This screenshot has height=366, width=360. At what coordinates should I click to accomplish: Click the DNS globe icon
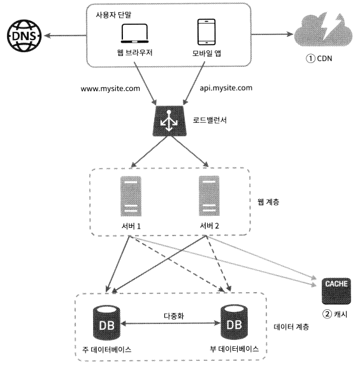point(24,36)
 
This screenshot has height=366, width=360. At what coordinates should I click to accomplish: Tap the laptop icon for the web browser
point(134,34)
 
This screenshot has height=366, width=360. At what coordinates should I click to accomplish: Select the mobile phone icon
point(206,32)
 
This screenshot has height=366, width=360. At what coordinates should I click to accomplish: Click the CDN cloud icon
point(323,29)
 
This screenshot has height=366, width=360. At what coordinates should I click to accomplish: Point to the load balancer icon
point(169,121)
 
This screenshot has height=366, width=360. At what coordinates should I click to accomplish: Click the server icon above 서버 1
point(131,196)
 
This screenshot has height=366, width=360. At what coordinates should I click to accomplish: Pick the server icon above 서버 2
point(209,196)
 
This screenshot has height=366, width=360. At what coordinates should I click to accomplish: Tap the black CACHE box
point(336,291)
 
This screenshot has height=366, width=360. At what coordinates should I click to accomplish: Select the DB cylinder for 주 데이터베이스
point(106,323)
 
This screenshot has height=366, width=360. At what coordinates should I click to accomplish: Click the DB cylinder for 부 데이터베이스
point(234,322)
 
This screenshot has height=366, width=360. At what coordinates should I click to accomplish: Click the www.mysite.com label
point(110,89)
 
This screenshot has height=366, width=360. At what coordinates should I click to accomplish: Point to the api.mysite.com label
point(226,88)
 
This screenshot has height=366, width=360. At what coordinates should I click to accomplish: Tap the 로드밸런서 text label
point(210,120)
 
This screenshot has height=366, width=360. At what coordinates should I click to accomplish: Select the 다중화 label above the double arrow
point(174,316)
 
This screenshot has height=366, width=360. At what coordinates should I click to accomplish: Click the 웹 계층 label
point(268,202)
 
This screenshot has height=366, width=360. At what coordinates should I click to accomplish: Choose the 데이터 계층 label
point(291,327)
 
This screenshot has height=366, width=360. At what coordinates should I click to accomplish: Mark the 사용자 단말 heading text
point(113,15)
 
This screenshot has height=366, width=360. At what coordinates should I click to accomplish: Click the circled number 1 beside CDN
point(310,59)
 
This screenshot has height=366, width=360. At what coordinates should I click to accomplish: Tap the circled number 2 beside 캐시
point(327,314)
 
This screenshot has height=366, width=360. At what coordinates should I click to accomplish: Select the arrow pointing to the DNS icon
point(65,36)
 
